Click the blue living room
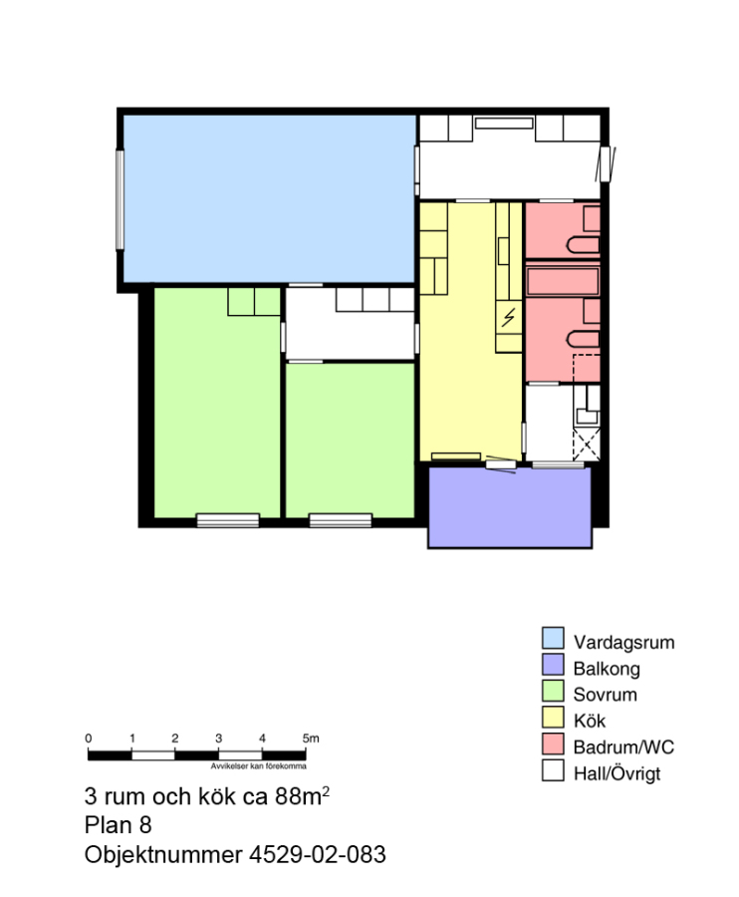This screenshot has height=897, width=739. click(269, 198)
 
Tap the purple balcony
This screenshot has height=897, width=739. click(510, 508)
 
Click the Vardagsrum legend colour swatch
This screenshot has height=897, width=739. click(553, 638)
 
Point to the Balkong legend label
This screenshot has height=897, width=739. click(607, 668)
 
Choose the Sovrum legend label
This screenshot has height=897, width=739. click(605, 695)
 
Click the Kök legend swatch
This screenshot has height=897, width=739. click(553, 717)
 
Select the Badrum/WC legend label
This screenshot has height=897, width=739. click(623, 747)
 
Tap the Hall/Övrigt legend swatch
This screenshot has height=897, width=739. click(553, 770)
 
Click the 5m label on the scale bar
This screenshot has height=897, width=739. click(311, 738)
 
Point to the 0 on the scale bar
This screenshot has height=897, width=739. click(88, 738)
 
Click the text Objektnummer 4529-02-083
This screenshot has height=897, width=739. click(235, 854)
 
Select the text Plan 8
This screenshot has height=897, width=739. click(118, 825)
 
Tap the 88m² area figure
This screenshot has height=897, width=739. click(302, 795)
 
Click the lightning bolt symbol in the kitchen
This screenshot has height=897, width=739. click(508, 318)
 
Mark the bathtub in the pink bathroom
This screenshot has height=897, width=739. click(563, 281)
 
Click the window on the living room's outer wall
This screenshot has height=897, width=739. click(121, 199)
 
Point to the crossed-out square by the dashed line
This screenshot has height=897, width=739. click(587, 444)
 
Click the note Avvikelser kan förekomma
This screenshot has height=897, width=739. click(258, 766)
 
